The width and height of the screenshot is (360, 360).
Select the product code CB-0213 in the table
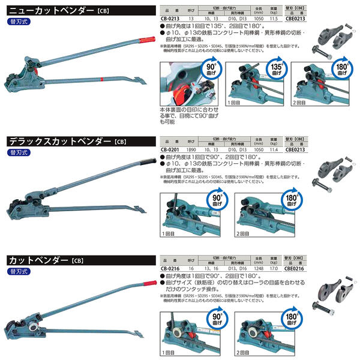(x=172, y=19)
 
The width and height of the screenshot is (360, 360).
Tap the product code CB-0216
(x=172, y=269)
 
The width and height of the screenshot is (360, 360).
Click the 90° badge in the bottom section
(x=211, y=314)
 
